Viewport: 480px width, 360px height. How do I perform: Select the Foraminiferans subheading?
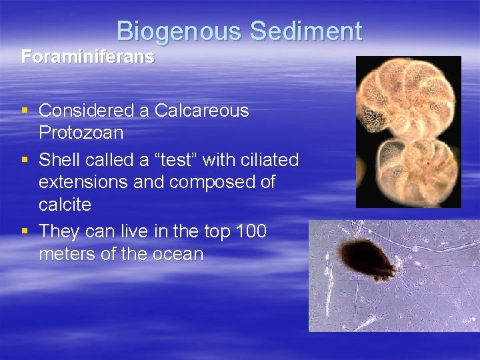click(87, 57)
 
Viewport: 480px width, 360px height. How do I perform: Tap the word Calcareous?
click(201, 111)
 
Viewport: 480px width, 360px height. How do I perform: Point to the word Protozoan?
click(81, 133)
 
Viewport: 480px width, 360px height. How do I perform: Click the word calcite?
click(65, 204)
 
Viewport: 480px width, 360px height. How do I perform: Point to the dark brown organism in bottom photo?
click(365, 260)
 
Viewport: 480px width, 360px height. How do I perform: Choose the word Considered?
click(94, 111)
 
